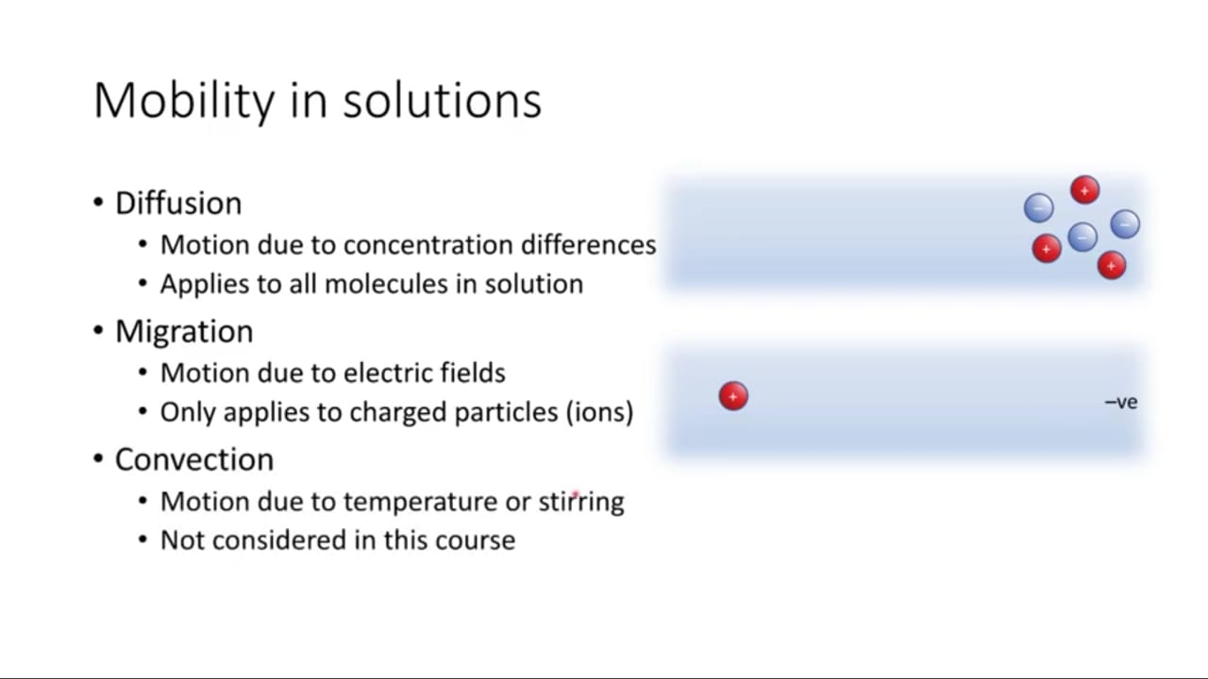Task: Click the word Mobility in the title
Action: [184, 101]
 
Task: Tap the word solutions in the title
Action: [443, 101]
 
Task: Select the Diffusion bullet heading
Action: [178, 203]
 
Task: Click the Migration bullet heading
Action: [184, 331]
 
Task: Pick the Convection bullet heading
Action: [194, 459]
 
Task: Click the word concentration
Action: [428, 245]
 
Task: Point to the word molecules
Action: [386, 284]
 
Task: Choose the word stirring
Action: [581, 503]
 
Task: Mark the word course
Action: [475, 540]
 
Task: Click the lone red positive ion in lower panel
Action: [733, 396]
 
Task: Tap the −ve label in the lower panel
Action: [1121, 402]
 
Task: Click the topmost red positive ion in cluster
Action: [1085, 190]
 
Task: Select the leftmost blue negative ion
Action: [1039, 208]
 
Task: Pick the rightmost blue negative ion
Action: [1125, 224]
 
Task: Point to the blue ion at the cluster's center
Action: [1082, 237]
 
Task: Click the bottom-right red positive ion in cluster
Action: [1112, 265]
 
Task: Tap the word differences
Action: [589, 245]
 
